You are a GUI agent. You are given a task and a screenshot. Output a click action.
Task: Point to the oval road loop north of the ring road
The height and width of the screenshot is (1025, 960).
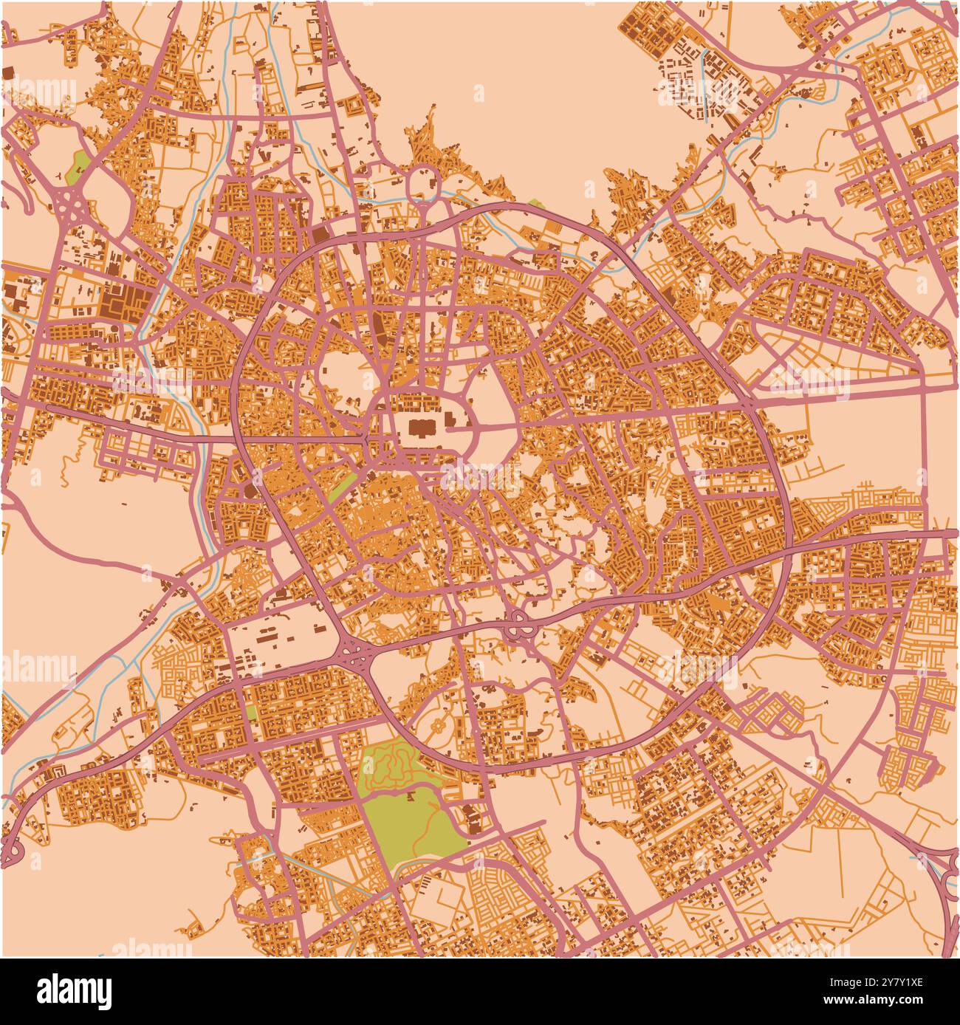(422, 181)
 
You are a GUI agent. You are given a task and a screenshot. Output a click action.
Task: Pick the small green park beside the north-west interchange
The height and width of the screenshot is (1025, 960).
(76, 168)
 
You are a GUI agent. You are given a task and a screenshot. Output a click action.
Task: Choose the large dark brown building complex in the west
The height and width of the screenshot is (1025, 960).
(120, 304)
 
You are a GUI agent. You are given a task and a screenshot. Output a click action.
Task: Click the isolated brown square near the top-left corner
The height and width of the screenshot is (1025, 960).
(9, 72)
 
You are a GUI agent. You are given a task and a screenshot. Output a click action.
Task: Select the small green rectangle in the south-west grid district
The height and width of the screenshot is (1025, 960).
(252, 713)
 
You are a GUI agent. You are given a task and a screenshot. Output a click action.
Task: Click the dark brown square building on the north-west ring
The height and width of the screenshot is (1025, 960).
(320, 236)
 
